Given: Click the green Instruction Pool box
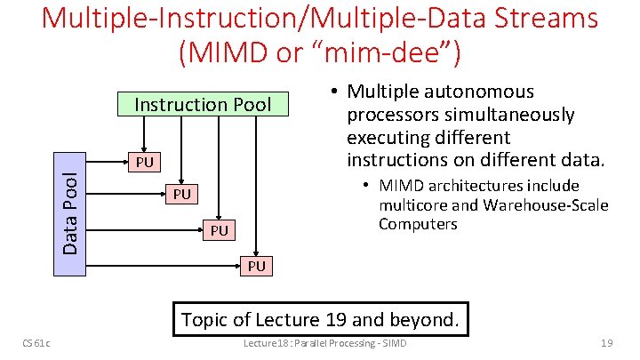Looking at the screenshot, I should point(202,104).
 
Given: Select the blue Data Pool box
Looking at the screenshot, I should point(70,214).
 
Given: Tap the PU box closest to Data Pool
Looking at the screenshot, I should point(144,162).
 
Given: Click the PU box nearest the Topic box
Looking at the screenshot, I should point(256,265).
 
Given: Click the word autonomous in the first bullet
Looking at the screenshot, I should point(479,92).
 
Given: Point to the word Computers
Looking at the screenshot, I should point(418,224).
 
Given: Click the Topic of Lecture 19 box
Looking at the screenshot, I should point(321,319).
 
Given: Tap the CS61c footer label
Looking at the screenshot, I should point(37,344).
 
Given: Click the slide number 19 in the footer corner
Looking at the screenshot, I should point(607,344).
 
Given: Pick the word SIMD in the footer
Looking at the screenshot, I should point(392,344).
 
